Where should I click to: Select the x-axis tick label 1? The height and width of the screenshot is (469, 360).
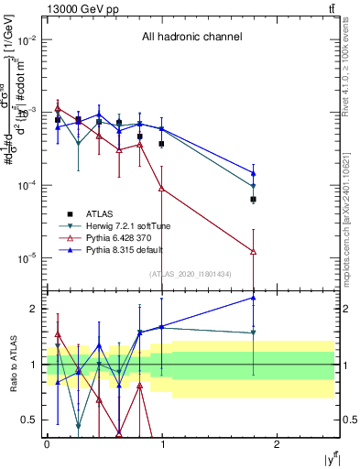pyautogui.click(x=161, y=442)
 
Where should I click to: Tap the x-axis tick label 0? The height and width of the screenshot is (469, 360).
pyautogui.click(x=47, y=442)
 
